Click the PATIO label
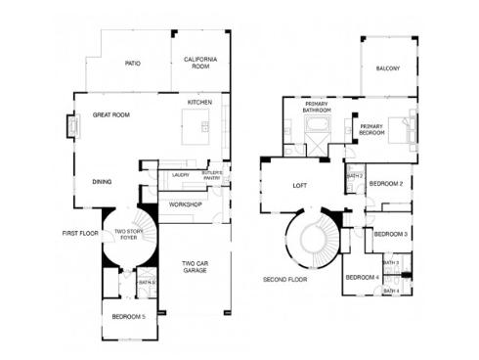click(133, 64)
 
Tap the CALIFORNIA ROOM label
click(199, 64)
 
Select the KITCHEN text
click(200, 102)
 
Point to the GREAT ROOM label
click(111, 114)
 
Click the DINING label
click(102, 181)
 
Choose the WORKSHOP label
click(185, 204)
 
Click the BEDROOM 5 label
click(128, 316)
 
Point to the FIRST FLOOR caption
click(81, 233)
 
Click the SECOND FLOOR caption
click(285, 279)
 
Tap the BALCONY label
click(389, 67)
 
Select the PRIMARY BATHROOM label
click(316, 108)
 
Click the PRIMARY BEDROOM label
click(372, 129)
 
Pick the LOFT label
click(300, 185)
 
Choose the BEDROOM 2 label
click(387, 183)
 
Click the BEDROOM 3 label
click(391, 234)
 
